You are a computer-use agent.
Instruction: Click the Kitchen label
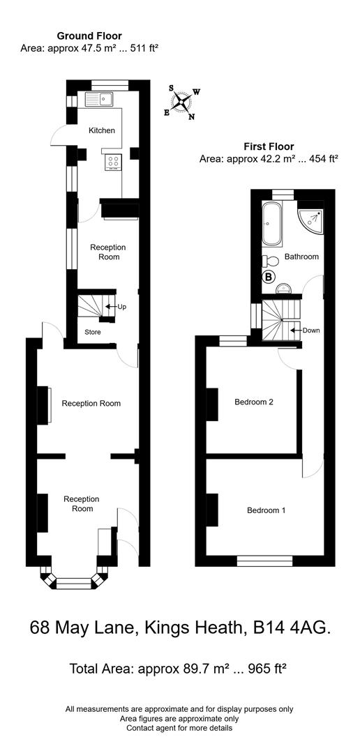point(101,130)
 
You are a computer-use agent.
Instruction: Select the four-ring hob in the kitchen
point(113,162)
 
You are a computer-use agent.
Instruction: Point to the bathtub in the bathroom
point(271,224)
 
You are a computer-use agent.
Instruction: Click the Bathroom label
point(301,257)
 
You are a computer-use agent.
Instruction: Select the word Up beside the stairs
point(122,307)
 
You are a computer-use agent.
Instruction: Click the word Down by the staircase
point(311,330)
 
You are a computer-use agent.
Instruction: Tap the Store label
point(93,332)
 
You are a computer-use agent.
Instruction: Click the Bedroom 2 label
point(253,402)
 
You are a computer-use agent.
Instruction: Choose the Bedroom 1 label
point(266,510)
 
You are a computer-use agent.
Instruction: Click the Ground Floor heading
point(89,36)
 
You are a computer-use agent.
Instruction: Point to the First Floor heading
point(269,146)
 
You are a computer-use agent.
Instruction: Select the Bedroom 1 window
point(264,559)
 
